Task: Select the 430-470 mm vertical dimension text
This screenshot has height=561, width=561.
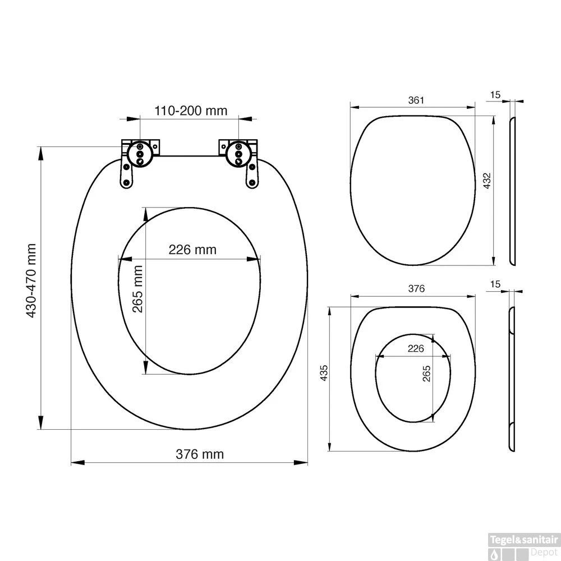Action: coord(32,280)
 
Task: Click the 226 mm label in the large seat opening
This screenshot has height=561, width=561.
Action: coord(192,250)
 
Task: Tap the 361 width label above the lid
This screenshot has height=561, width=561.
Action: coord(415,100)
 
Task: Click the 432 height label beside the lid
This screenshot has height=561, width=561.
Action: coord(487,181)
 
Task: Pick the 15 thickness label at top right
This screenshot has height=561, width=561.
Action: coord(495,95)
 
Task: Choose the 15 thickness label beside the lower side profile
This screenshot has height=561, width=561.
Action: coord(495,285)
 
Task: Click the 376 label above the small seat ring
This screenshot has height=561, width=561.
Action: coord(416,289)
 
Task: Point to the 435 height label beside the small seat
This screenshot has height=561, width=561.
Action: coord(323,373)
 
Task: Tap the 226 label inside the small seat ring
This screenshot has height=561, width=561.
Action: coord(415,349)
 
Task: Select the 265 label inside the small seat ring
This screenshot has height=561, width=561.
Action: coord(426,374)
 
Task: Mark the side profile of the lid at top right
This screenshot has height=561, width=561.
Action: coord(513,191)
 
